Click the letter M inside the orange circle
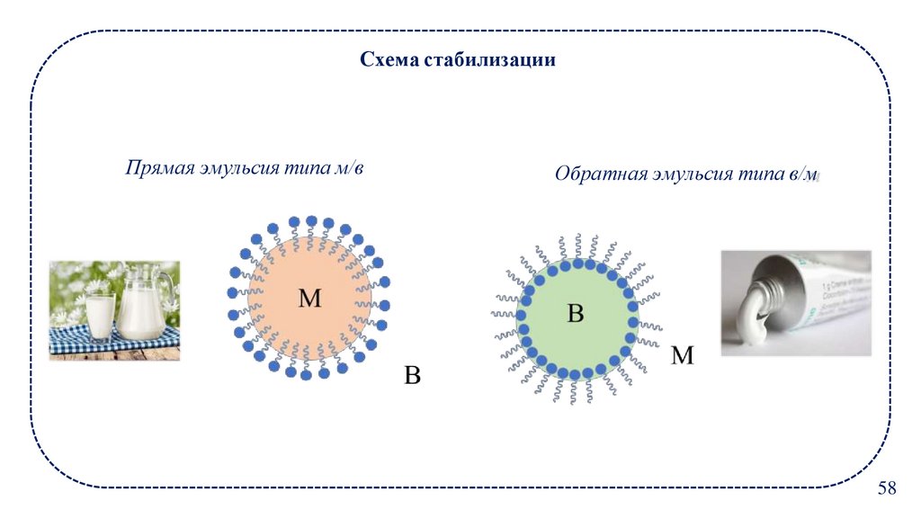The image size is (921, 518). tap(309, 299)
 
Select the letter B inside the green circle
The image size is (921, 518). tap(576, 313)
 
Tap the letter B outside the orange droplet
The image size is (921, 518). tap(412, 374)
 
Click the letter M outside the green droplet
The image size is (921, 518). tap(683, 356)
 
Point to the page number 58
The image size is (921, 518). tap(887, 488)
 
